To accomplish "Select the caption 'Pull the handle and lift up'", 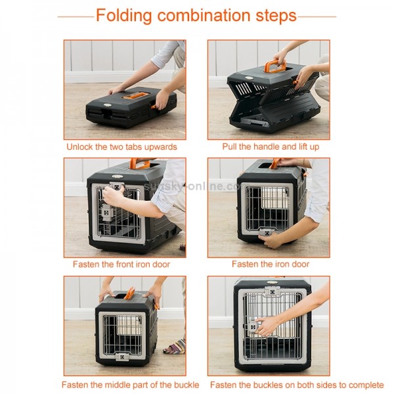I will tap(270, 146).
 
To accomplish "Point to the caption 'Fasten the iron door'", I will tap(270, 264).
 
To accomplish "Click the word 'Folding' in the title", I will tap(129, 16).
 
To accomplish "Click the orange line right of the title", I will tap(318, 16).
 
